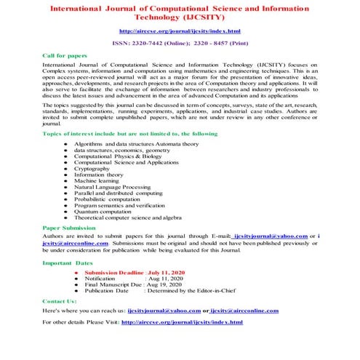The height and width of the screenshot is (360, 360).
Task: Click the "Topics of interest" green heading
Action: (120, 135)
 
